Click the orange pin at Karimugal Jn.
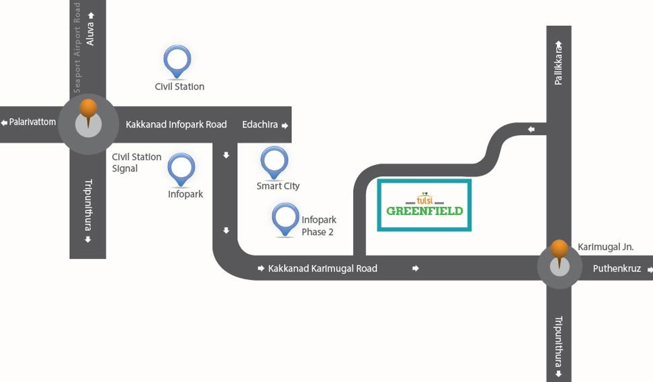point(559,250)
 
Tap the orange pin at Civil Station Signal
point(88,109)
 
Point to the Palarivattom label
point(32,122)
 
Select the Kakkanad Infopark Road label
point(176,124)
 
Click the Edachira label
point(260,124)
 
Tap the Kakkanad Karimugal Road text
point(322,268)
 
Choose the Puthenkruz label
point(617,268)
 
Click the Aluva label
point(90,34)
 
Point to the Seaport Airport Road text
point(77,48)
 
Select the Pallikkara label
point(558,65)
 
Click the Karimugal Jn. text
point(605,247)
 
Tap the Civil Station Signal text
point(136,163)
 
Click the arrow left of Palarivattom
point(4,123)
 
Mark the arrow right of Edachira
point(285,126)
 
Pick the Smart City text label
point(278,186)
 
